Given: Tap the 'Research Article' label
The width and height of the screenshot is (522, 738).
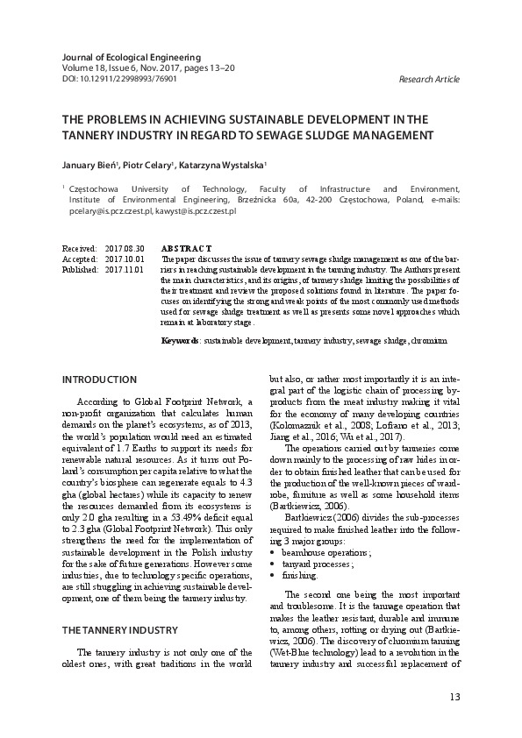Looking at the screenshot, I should point(429,78).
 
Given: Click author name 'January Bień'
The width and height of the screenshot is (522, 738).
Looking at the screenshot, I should point(82,163).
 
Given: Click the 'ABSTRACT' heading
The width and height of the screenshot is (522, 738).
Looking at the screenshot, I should point(186,250).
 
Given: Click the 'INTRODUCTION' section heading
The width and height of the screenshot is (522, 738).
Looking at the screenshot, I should point(101,379).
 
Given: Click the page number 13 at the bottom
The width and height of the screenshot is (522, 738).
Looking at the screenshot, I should point(454,696).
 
